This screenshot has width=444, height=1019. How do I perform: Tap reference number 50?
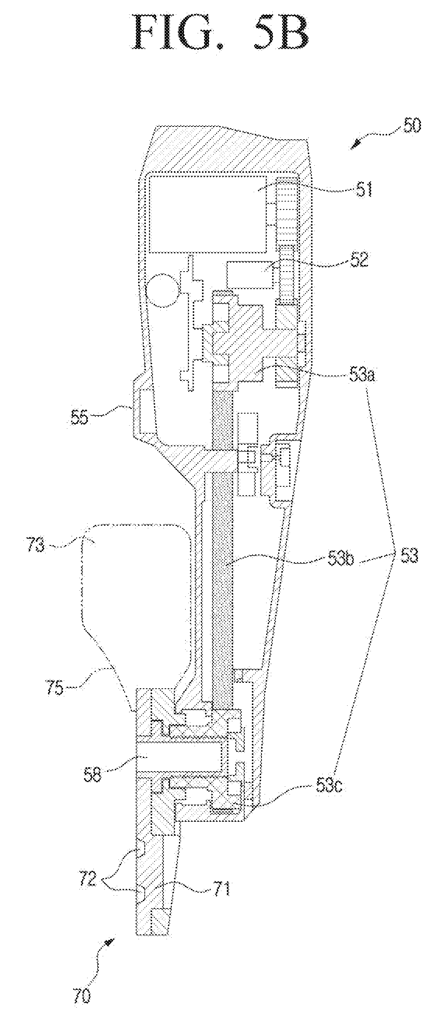pos(411,126)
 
